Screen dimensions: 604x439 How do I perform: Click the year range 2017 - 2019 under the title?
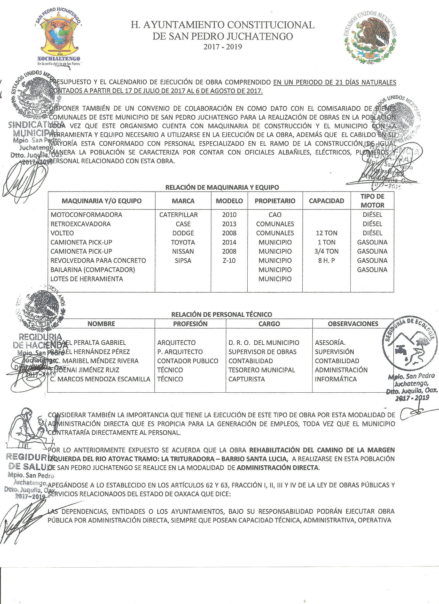click(223, 47)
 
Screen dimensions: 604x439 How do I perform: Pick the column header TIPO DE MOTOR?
click(372, 201)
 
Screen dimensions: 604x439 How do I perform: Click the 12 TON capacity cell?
click(326, 233)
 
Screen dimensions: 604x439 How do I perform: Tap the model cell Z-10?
click(229, 260)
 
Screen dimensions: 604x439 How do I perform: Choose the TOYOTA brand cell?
click(183, 242)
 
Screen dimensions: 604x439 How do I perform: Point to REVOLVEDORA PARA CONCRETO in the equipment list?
click(98, 260)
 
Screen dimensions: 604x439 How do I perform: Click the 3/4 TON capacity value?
click(326, 251)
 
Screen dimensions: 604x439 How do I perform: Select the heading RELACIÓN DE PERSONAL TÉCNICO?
click(222, 314)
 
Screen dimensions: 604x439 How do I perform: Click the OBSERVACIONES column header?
click(353, 324)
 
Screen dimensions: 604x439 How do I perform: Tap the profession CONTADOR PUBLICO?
click(187, 361)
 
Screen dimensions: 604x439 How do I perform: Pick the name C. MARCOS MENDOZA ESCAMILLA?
click(100, 379)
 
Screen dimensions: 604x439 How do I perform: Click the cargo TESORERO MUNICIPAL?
click(261, 370)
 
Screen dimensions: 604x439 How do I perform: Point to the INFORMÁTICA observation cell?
click(335, 379)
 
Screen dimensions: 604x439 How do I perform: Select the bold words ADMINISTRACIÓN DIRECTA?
click(277, 468)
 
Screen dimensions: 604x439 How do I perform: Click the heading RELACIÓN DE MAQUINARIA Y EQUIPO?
click(222, 187)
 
